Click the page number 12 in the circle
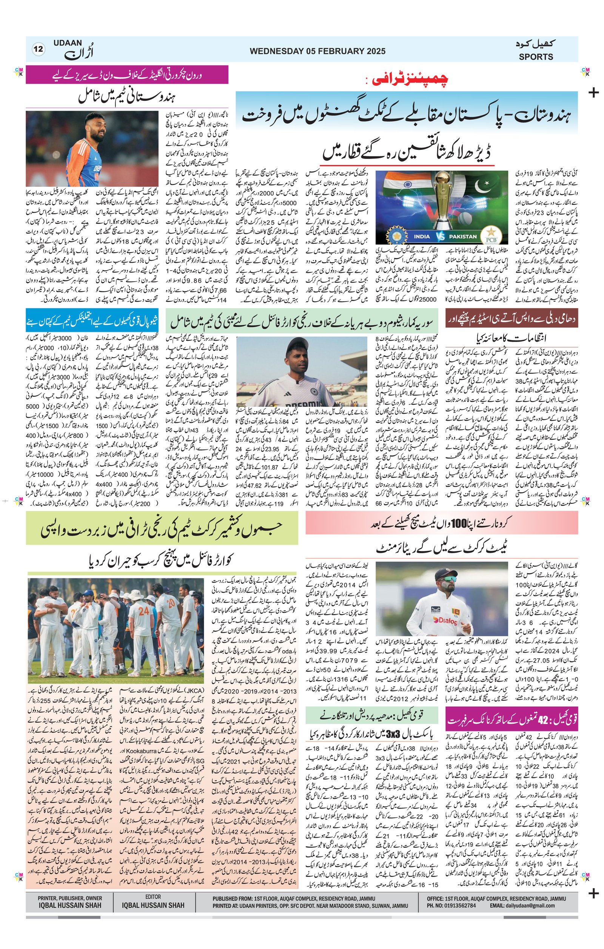pyautogui.click(x=39, y=49)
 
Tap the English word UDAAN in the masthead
pyautogui.click(x=68, y=43)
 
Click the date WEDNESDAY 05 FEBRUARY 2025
pyautogui.click(x=317, y=51)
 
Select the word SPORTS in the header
pyautogui.click(x=536, y=57)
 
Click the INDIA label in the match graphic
pyautogui.click(x=422, y=237)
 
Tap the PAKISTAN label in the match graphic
pyautogui.click(x=462, y=237)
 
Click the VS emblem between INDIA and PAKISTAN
pyautogui.click(x=441, y=237)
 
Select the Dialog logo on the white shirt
pyautogui.click(x=445, y=621)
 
